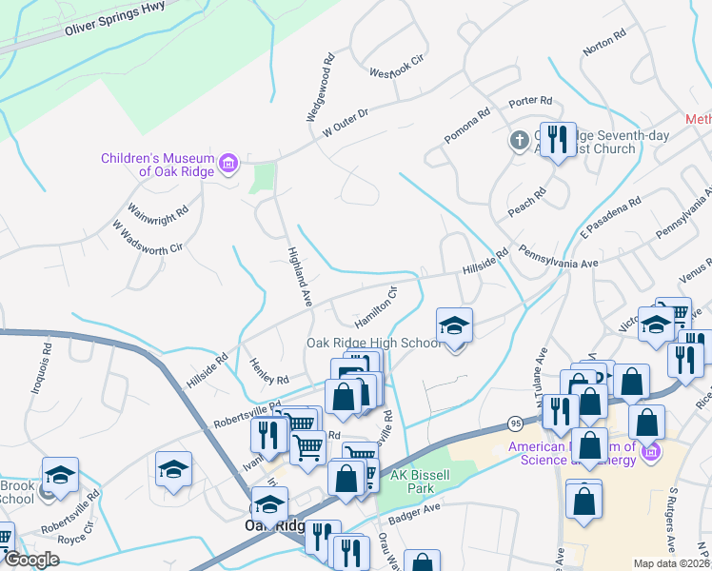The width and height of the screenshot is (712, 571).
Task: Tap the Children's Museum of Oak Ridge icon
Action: click(227, 165)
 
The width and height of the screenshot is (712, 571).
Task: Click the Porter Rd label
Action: click(531, 101)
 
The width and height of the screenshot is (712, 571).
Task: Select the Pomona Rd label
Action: click(466, 126)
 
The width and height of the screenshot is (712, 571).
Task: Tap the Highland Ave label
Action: click(299, 276)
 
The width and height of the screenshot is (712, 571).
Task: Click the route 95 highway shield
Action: click(515, 422)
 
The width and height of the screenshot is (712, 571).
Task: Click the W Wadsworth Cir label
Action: click(147, 237)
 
